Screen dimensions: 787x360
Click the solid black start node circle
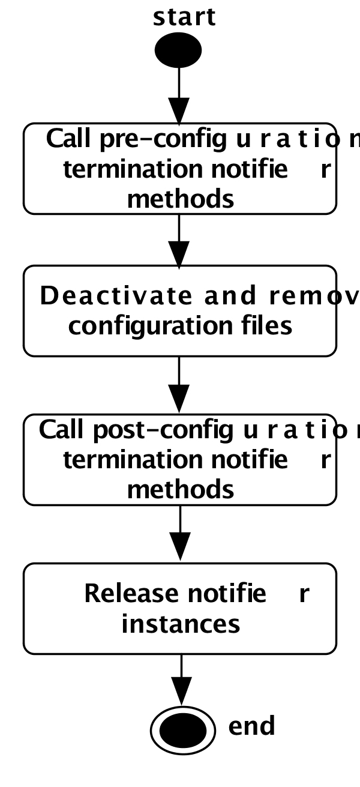[x=178, y=51]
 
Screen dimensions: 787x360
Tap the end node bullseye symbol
[x=182, y=730]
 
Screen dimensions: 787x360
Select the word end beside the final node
[x=251, y=726]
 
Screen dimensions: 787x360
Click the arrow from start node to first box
[x=179, y=96]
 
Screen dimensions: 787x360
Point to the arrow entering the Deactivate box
[x=179, y=240]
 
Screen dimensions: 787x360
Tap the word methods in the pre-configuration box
[x=181, y=199]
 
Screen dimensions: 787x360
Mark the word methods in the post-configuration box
[x=181, y=489]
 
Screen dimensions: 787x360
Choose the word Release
[x=131, y=594]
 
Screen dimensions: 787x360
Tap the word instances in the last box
[x=181, y=624]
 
